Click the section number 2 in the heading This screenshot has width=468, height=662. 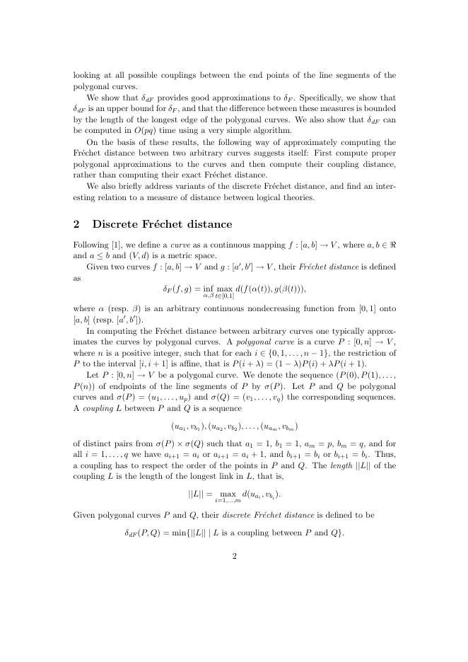point(76,224)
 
